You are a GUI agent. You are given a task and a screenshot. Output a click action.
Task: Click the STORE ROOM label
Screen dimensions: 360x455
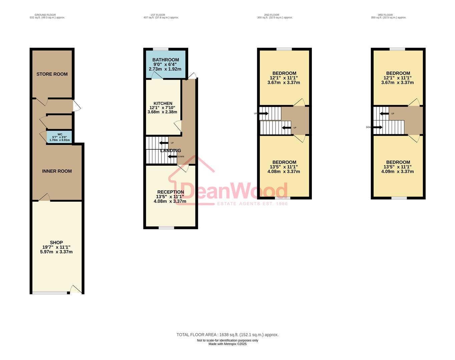(52, 74)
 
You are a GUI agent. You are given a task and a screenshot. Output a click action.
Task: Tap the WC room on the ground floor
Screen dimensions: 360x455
(60, 137)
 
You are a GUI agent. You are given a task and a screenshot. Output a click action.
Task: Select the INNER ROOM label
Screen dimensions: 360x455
(57, 171)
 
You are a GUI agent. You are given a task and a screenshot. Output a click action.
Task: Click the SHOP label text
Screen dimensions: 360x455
(56, 243)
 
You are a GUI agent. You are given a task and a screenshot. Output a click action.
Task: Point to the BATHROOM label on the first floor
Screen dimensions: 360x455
(165, 60)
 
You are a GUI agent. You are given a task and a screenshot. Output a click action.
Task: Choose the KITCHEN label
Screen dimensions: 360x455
(163, 104)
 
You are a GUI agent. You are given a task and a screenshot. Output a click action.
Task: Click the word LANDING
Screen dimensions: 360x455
(170, 151)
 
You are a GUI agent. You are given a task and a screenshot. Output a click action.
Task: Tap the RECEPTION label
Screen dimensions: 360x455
(170, 192)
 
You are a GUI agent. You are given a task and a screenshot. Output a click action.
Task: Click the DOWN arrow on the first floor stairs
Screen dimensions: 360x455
(172, 157)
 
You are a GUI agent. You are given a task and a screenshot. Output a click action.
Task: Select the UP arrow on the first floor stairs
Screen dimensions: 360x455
(164, 143)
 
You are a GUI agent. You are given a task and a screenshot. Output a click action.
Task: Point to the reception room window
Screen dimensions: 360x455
(166, 228)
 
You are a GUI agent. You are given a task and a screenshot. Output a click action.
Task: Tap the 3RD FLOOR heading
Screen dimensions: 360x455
(385, 15)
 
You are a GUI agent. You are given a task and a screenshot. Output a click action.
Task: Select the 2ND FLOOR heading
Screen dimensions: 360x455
(272, 15)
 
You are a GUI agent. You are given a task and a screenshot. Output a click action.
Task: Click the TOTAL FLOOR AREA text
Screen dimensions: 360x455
(227, 335)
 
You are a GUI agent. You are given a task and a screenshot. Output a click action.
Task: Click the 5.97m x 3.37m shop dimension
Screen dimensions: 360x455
(56, 252)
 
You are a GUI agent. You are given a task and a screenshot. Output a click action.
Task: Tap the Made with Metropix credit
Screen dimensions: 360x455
(227, 344)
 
